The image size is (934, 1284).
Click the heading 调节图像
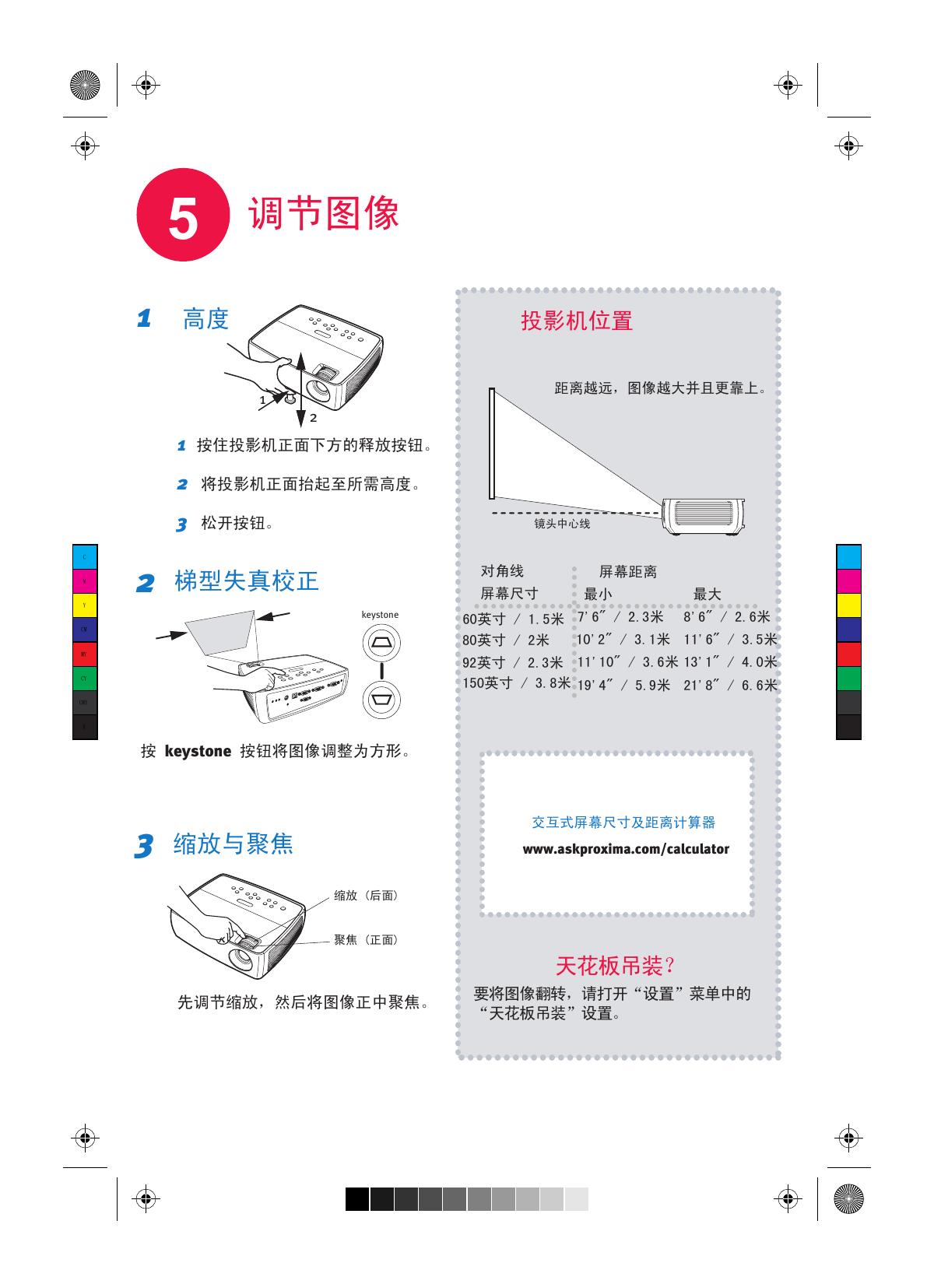[323, 213]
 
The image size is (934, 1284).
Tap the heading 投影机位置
[577, 321]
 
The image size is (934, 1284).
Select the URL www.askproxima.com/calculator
[626, 849]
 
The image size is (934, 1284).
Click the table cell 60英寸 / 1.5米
[513, 619]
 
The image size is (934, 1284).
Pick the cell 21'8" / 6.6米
[730, 686]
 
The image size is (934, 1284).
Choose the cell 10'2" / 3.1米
[623, 640]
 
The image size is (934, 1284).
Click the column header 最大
[707, 595]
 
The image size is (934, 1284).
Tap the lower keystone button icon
[381, 698]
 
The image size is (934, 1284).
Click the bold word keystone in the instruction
[198, 752]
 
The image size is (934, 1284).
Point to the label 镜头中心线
[562, 524]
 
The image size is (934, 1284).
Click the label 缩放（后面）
[366, 896]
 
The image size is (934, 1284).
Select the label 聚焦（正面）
[366, 940]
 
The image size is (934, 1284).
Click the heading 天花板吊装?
[615, 966]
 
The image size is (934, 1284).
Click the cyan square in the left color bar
[85, 557]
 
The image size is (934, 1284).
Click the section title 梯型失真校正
[247, 581]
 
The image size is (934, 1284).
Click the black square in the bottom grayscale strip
[357, 1199]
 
